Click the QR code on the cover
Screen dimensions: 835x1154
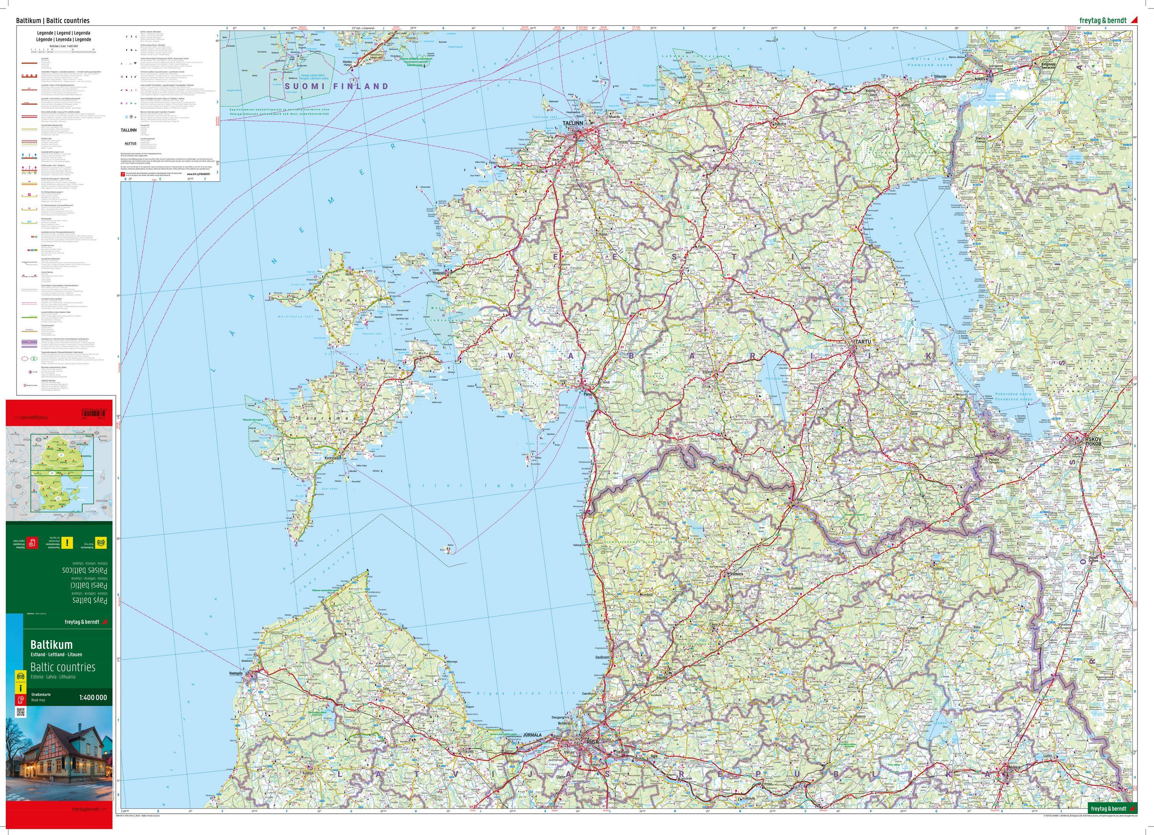(x=21, y=712)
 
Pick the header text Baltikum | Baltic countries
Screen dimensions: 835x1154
(x=53, y=21)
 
